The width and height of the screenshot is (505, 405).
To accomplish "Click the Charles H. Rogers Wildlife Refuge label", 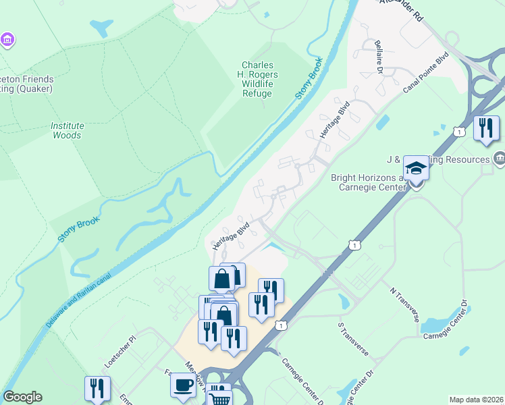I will (x=257, y=80).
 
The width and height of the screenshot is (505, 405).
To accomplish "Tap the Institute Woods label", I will (x=67, y=130).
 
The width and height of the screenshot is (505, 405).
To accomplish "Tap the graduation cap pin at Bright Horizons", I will (x=416, y=169).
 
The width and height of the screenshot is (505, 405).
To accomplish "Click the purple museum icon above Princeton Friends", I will (x=7, y=40).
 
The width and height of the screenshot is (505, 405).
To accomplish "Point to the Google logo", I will (x=22, y=397).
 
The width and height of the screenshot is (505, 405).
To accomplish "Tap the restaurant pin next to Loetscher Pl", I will (x=97, y=389).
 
